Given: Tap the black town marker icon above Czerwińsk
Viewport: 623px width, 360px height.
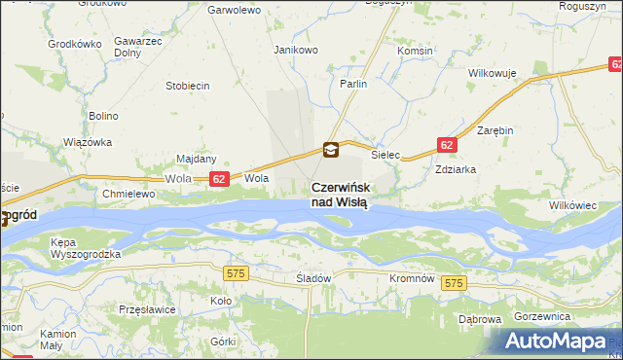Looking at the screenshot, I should coord(332,150).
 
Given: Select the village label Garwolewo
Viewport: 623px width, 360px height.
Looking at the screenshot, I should coord(235,10).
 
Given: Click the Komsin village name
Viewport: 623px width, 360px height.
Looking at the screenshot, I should coord(416,50).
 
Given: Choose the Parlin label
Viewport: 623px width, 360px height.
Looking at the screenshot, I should coord(353,85).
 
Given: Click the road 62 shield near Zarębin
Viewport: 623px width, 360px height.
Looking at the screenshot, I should coord(446,144).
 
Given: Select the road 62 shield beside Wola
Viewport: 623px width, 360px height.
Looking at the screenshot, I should coord(219,179).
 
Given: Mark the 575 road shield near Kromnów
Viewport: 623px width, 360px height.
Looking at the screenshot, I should coord(453,282).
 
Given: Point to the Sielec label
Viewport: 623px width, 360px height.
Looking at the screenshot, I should coord(386,154).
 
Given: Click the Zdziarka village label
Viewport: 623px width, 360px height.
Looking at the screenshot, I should coord(456,167).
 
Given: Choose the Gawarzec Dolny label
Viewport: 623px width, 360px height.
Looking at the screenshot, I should coord(137,48).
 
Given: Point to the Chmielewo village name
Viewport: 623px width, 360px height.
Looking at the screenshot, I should coord(128,194).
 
